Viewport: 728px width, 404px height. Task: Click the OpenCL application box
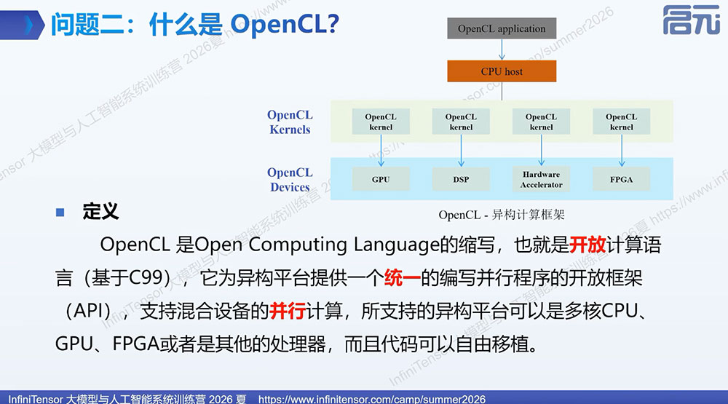[502, 28]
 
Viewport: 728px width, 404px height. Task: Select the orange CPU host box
[502, 71]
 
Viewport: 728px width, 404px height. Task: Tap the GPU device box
[381, 179]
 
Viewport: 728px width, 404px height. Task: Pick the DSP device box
[461, 179]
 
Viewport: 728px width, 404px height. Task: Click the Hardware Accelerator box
[542, 179]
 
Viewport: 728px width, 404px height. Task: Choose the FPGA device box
[621, 179]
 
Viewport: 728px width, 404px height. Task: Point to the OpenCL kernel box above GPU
[381, 122]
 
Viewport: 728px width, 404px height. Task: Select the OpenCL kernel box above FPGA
[621, 122]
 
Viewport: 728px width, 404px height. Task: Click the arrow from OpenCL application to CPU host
[502, 49]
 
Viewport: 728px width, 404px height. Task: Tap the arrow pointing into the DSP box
[461, 151]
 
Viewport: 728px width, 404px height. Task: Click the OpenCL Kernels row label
[290, 122]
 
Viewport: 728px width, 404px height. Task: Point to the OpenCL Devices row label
[290, 180]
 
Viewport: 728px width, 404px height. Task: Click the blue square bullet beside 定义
[60, 213]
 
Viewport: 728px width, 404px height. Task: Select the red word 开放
[587, 245]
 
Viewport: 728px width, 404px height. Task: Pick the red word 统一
[402, 278]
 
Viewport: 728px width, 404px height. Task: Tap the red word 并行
[288, 311]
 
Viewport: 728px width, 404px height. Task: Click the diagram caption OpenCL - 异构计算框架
[502, 215]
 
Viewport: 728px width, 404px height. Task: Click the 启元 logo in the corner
[692, 20]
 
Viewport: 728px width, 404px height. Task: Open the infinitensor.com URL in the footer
[372, 399]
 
